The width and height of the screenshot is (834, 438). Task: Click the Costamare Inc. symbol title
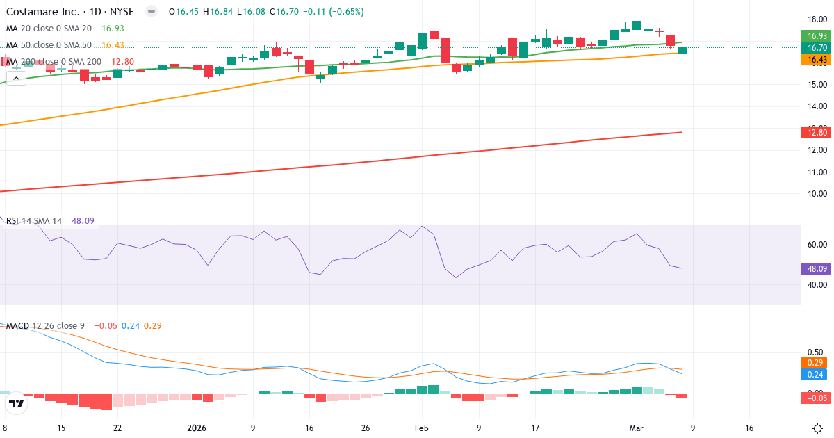point(70,12)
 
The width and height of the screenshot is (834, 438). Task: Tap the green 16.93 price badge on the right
point(817,35)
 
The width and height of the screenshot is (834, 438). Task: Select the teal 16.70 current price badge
point(817,47)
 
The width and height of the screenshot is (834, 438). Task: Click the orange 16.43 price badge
point(817,60)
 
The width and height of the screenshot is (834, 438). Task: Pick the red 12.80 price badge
point(817,132)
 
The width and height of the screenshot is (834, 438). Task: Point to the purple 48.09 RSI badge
point(817,268)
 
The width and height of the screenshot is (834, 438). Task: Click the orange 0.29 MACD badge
point(817,363)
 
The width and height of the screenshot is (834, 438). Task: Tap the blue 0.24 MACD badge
point(817,374)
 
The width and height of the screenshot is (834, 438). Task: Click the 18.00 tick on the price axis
point(817,19)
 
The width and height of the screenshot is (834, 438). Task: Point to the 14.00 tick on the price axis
point(817,106)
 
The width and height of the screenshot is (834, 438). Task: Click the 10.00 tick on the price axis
point(817,194)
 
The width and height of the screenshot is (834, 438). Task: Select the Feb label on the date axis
point(422,428)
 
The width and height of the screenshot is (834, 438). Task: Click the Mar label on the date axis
point(637,428)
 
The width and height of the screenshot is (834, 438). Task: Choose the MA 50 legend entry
point(49,45)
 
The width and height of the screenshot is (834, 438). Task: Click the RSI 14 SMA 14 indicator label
point(35,221)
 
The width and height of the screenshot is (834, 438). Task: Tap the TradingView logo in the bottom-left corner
point(17,403)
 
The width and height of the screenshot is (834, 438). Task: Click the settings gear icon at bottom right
point(817,428)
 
